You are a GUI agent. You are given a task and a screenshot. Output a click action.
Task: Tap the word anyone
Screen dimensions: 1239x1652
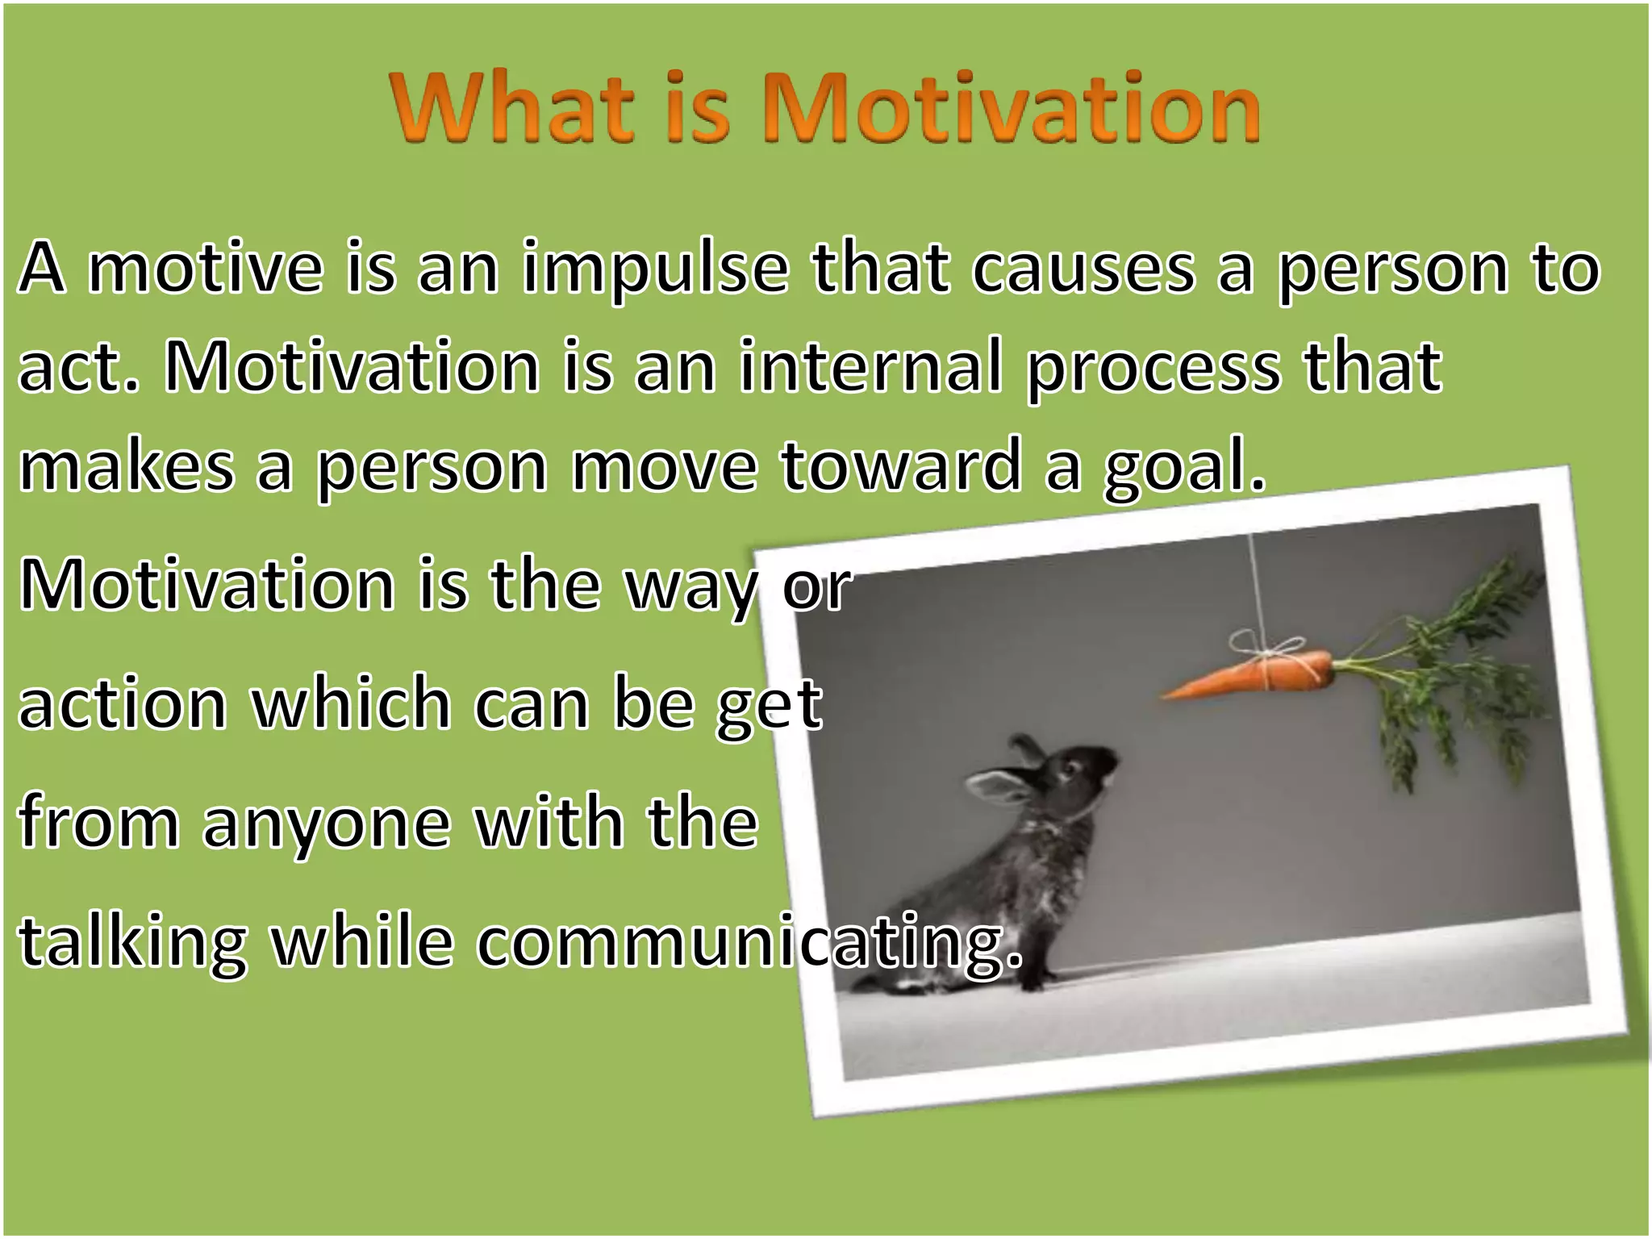326,826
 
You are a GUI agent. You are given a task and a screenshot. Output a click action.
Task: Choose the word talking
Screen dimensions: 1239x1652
133,944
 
